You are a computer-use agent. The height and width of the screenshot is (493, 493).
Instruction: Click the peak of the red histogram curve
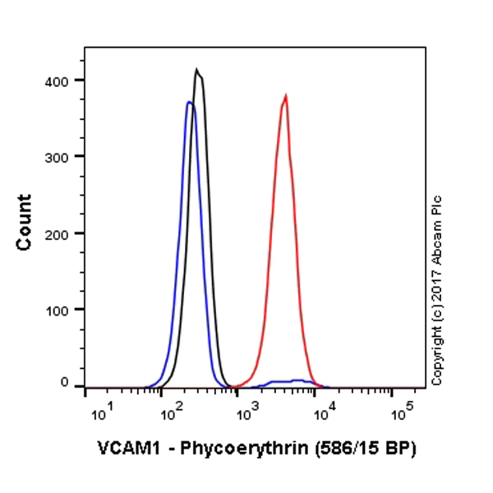(x=285, y=96)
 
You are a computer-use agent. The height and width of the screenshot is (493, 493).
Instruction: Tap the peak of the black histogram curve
(x=196, y=70)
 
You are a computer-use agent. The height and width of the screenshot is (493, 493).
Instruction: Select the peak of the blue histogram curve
(x=189, y=103)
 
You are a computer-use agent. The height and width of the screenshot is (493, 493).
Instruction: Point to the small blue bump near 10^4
(x=296, y=381)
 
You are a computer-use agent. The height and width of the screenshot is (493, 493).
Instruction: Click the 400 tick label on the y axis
(x=58, y=80)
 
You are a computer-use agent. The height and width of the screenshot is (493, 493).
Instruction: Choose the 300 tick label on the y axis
(x=58, y=156)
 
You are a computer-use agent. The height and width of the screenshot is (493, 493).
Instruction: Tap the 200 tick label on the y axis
(x=58, y=233)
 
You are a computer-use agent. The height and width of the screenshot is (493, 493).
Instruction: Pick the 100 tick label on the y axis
(x=58, y=310)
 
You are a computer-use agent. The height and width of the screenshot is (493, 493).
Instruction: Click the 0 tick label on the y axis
(x=64, y=383)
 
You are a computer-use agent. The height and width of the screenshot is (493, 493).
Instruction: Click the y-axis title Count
(x=24, y=222)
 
